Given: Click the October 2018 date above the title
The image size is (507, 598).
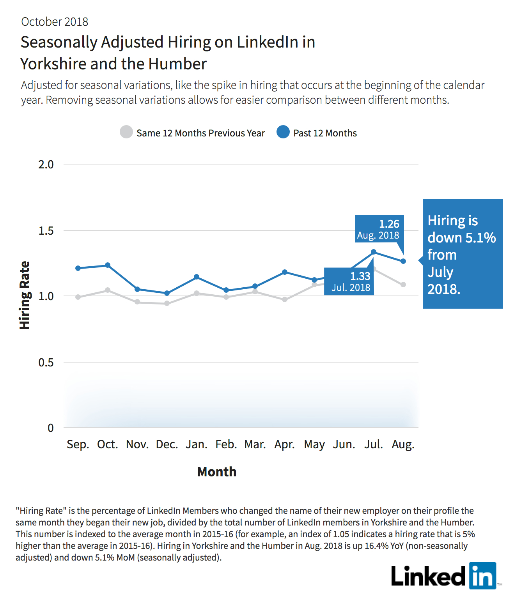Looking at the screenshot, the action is pos(54,22).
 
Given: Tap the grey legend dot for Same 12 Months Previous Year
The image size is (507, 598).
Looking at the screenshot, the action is pos(126,132).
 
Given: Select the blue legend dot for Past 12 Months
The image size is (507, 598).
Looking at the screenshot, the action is pos(283,132).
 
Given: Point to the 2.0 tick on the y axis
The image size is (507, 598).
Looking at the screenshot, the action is pos(46,165).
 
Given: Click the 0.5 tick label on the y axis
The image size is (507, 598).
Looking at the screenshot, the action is pos(46,362).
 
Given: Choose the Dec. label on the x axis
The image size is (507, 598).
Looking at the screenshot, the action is pos(167,444).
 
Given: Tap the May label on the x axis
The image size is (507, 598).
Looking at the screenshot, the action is pos(314,445).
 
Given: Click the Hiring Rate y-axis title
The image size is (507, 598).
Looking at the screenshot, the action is pos(25,295).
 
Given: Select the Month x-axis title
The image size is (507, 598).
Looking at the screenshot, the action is pos(217,472).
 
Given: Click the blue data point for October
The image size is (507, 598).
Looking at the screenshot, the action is pos(108,265).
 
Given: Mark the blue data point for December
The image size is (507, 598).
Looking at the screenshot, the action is pos(167,293).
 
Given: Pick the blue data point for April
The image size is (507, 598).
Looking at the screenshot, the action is pos(285,272).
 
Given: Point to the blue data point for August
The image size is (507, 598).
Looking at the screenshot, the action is pos(403,261).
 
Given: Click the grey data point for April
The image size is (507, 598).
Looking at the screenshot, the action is pos(285,299).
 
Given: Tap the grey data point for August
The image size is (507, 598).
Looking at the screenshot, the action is pos(403,285).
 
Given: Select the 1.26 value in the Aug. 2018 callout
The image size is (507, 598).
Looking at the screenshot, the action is pos(389,224).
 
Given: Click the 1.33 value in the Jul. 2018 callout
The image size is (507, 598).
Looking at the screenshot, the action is pos(360,276).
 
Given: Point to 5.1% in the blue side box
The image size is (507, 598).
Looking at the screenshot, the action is pos(480,238).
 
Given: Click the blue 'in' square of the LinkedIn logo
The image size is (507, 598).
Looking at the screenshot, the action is pos(483,576).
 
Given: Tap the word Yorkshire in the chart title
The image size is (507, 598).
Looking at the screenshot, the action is pos(53,64).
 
